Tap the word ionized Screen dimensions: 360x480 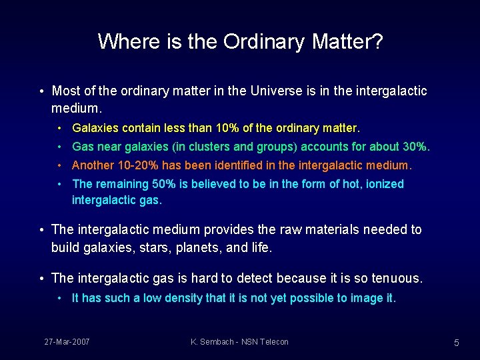coord(383,184)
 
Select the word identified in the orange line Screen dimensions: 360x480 coord(226,165)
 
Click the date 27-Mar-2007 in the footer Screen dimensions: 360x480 coord(67,342)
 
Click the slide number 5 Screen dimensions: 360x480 coord(457,343)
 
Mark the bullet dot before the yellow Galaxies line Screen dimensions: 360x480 coord(60,128)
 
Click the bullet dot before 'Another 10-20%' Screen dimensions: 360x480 coord(60,165)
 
